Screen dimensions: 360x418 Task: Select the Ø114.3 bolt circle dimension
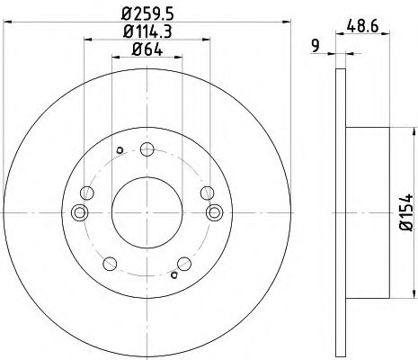149,33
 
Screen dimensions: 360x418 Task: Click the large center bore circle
149,212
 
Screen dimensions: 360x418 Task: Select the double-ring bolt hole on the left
81,212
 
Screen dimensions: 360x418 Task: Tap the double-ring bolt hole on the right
217,212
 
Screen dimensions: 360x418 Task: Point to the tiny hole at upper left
120,150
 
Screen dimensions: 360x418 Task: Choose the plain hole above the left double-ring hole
86,192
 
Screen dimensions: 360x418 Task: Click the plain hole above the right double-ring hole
208,191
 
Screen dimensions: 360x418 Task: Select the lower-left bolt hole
111,263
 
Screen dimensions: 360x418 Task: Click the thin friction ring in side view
340,212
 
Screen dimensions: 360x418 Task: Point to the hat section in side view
367,212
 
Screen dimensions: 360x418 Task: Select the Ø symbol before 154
405,237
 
